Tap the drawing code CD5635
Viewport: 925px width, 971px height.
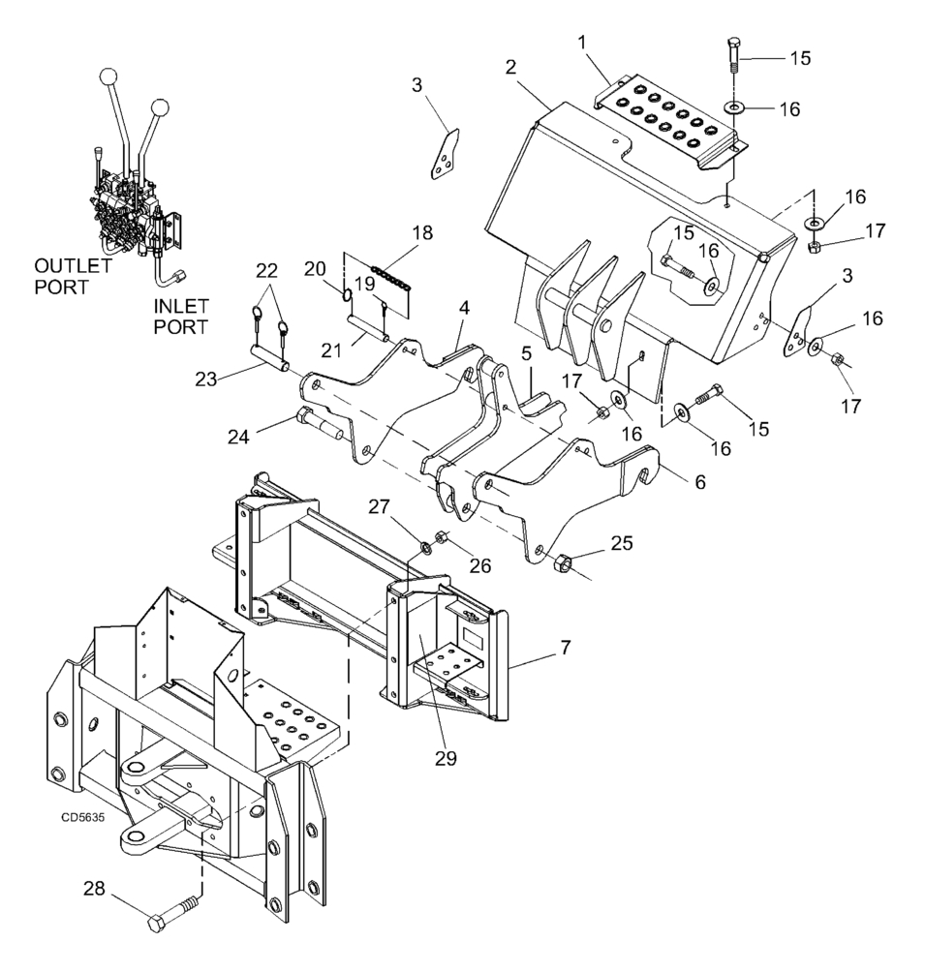83,816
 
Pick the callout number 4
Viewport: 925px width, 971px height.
464,308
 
